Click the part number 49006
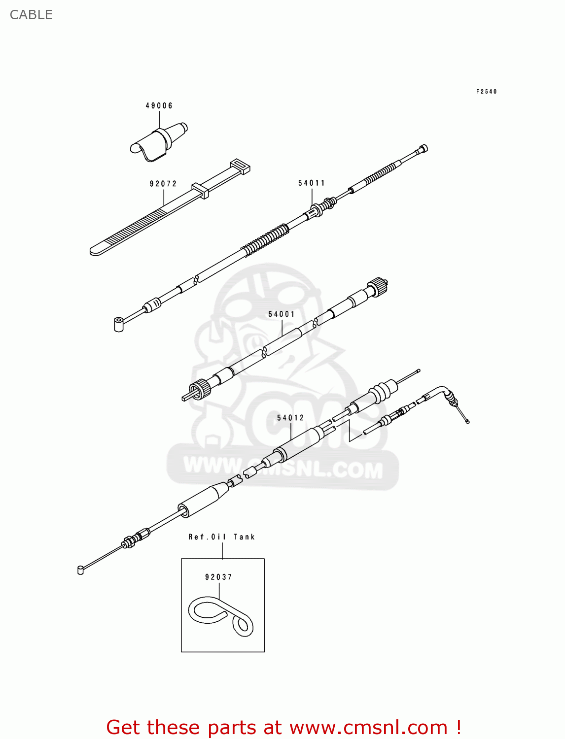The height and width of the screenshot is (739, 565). tap(159, 105)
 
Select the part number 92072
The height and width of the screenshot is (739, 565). tap(163, 184)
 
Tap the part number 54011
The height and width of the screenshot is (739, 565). tap(312, 183)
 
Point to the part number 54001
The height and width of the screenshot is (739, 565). tap(282, 314)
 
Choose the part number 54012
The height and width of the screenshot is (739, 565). tap(290, 418)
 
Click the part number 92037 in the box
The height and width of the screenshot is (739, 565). tap(218, 577)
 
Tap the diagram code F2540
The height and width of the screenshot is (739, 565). tap(486, 92)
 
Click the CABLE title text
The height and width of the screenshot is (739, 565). tap(31, 15)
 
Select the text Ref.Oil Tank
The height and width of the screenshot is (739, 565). tap(221, 537)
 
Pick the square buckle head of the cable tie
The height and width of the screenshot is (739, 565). tap(240, 166)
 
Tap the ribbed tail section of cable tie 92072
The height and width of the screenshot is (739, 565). tap(133, 229)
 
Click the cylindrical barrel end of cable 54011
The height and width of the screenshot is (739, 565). tap(119, 325)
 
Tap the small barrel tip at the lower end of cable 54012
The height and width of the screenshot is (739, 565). tap(80, 571)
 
